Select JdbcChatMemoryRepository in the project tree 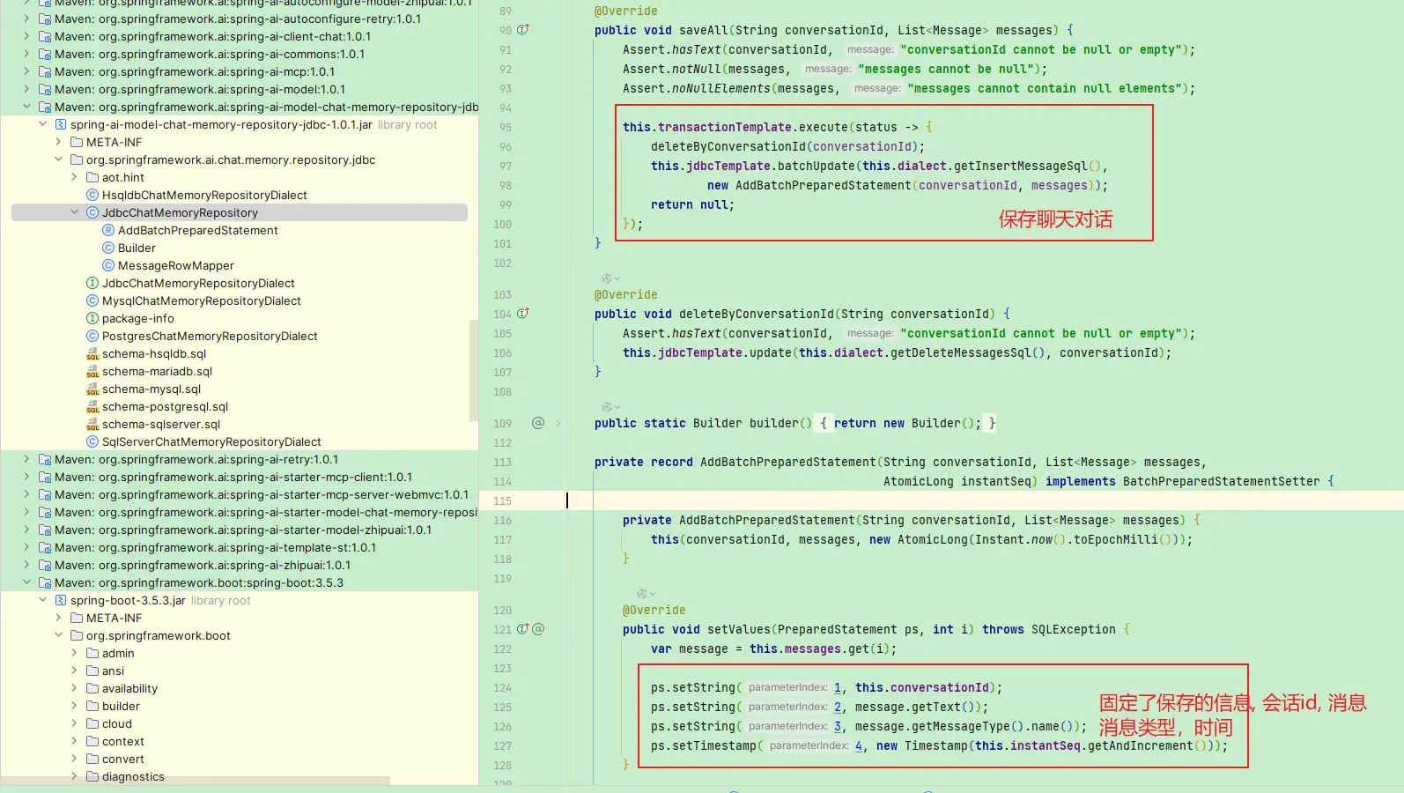click(x=180, y=212)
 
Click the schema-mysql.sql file click(x=151, y=389)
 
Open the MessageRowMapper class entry click(x=175, y=265)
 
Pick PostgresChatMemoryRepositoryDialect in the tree click(x=210, y=336)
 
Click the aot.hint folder click(x=122, y=177)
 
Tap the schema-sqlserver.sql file click(x=161, y=424)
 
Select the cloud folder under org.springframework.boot click(x=116, y=723)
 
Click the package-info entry click(x=138, y=318)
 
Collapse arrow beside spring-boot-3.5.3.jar click(x=42, y=600)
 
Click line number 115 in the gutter click(x=502, y=500)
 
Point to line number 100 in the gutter click(x=502, y=225)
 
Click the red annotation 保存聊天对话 click(x=1055, y=219)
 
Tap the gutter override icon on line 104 click(x=522, y=314)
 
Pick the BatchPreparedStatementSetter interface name click(x=1221, y=481)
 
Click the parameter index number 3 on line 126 click(x=838, y=727)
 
